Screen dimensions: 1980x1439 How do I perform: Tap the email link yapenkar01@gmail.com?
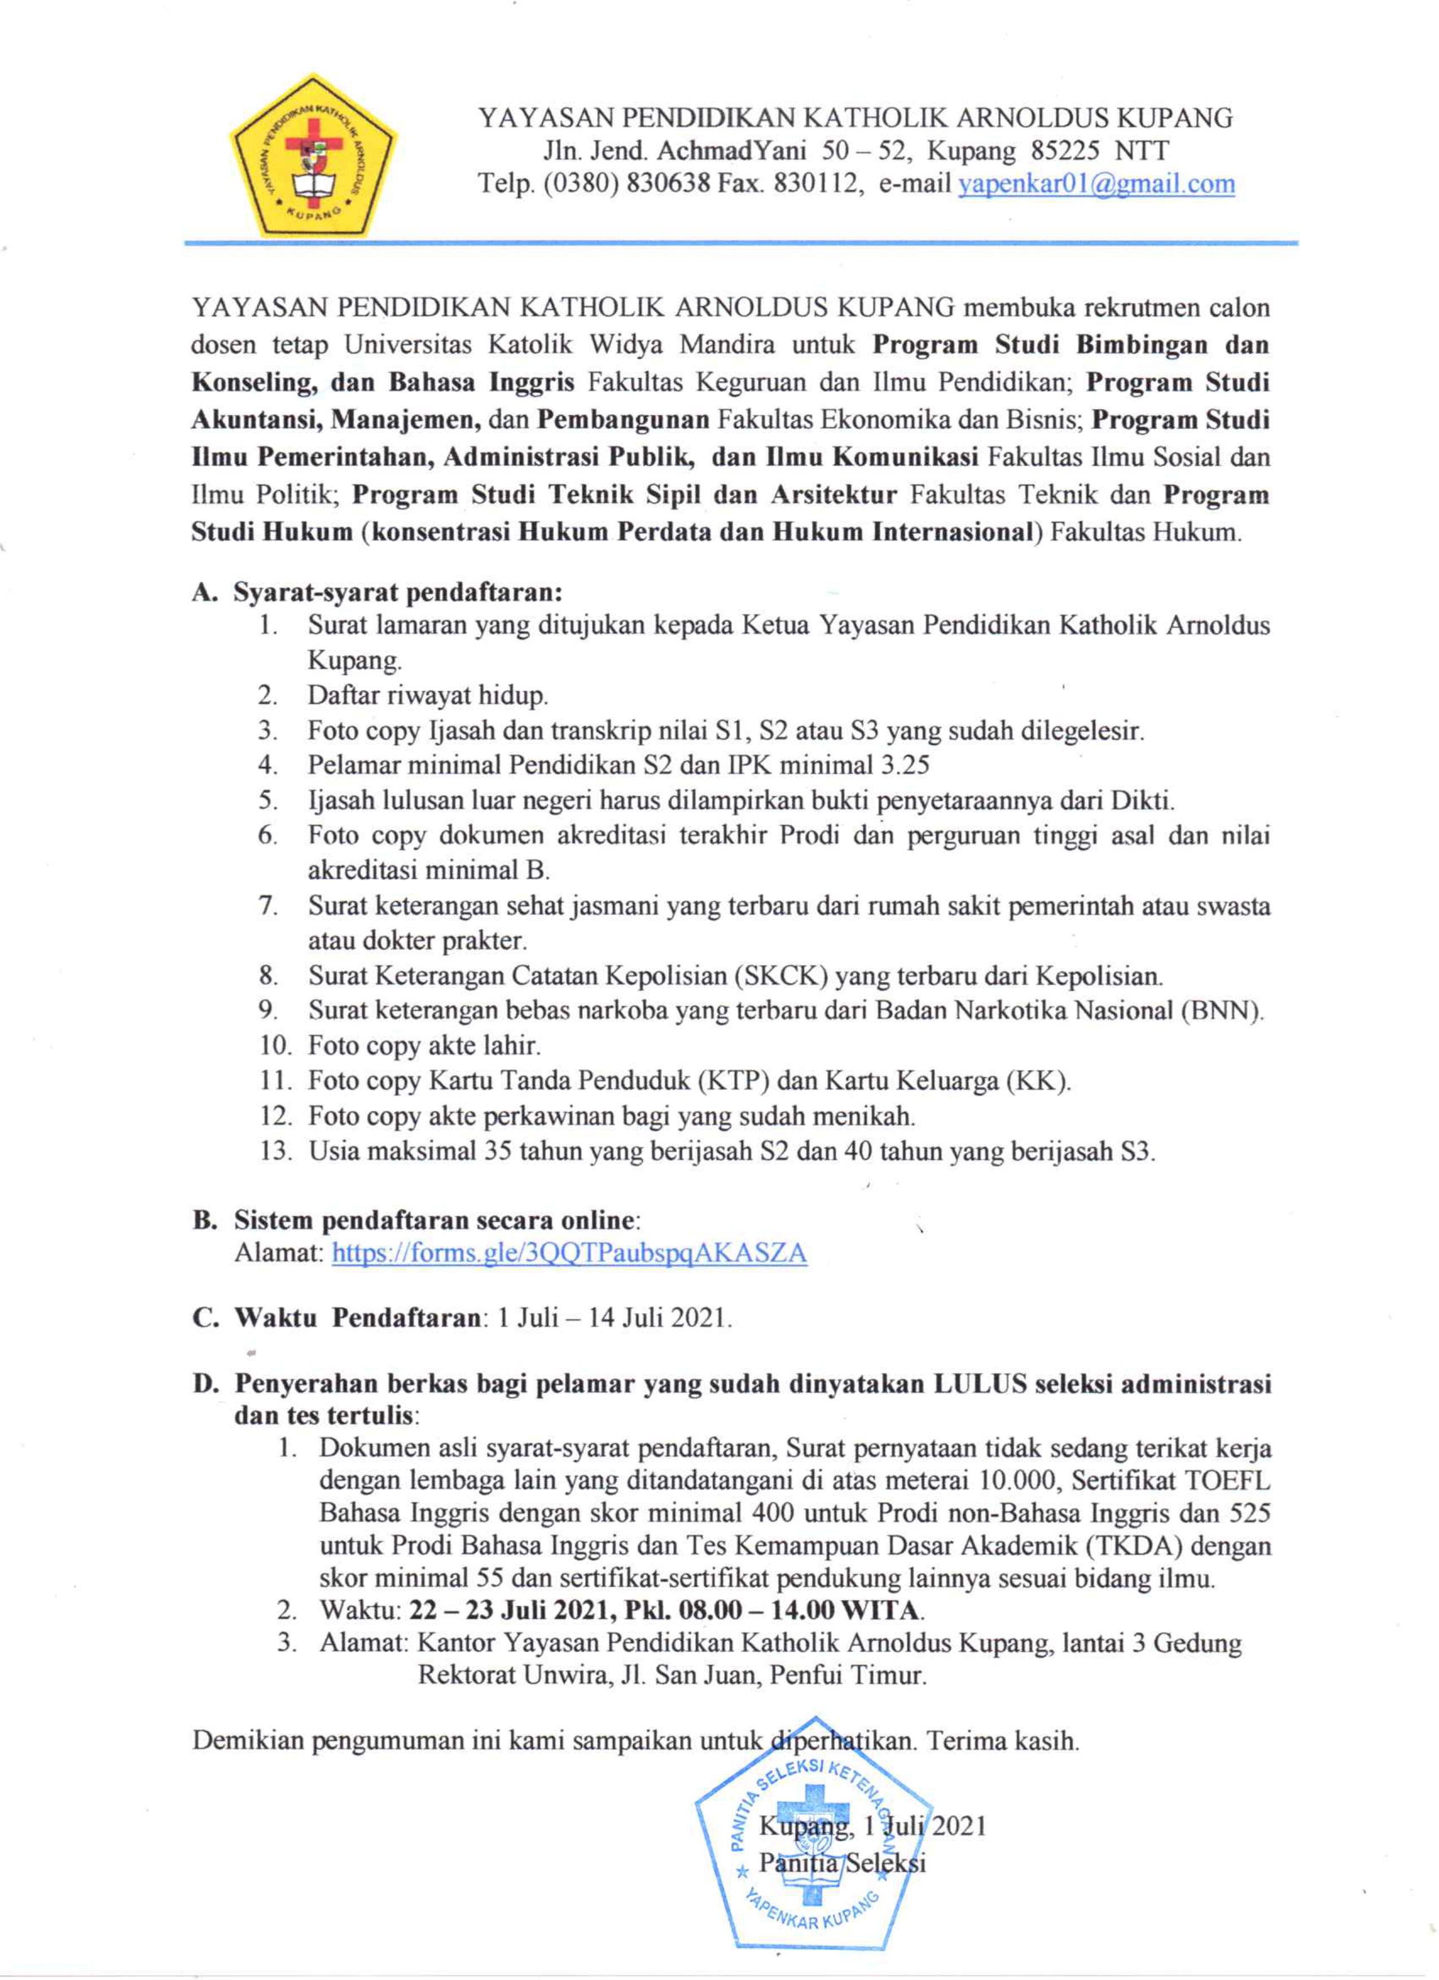[x=1096, y=184]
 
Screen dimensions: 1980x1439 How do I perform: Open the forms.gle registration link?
[x=569, y=1254]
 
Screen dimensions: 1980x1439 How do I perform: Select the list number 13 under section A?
[x=274, y=1152]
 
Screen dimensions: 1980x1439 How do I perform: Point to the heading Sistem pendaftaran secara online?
[x=437, y=1219]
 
